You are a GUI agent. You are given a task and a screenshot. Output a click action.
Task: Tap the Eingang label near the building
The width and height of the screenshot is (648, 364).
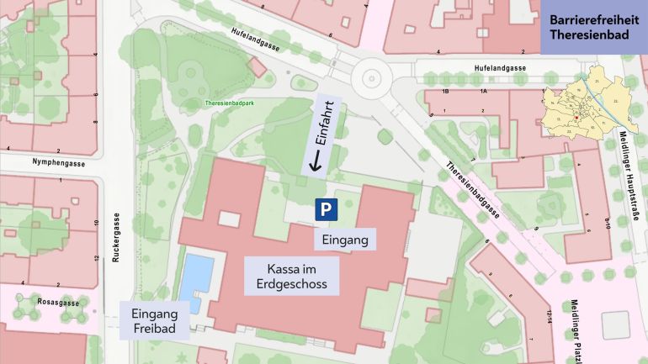(x=345, y=240)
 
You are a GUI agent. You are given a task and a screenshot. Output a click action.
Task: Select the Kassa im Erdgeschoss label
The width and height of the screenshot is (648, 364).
(x=291, y=276)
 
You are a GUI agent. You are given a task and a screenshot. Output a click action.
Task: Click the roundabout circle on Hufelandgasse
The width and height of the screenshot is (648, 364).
(x=370, y=80)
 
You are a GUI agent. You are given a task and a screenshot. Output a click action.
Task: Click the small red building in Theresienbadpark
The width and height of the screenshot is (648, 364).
(x=257, y=67)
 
